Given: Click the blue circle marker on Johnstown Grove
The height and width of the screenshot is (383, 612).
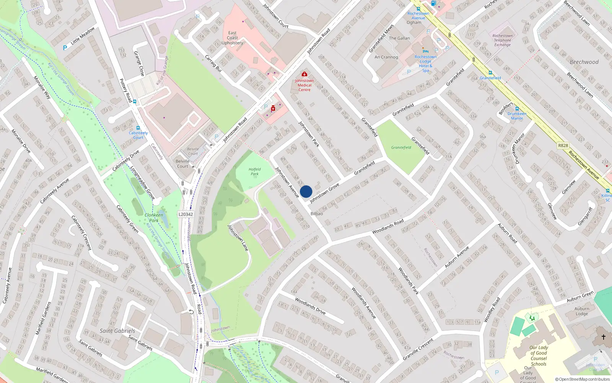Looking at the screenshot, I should point(306,191).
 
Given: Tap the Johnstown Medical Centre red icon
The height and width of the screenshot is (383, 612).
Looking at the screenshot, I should point(304,74).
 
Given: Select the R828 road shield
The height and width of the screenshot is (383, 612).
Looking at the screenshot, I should point(563,146).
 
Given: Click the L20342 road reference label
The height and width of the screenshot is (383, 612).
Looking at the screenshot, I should point(186,214).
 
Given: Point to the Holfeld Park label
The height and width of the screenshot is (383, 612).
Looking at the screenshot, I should point(254,172).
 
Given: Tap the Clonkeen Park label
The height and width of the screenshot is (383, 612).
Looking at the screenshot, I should point(154,218).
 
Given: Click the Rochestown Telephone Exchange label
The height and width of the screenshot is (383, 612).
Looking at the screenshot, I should point(502,40).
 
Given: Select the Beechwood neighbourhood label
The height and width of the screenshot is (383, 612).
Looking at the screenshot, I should point(584,62).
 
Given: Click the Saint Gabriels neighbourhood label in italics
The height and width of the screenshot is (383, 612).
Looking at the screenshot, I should point(117,331).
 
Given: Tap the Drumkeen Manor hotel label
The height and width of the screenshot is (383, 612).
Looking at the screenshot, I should point(517,116).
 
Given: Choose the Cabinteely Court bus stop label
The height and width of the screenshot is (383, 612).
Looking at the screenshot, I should point(138,135).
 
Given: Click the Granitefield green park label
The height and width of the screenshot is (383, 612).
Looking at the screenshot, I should point(401,147).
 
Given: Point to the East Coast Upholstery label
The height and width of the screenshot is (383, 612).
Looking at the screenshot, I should point(232,38).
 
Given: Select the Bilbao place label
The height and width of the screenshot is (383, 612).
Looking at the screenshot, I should point(316,214).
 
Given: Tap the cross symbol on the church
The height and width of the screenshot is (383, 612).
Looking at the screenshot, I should point(604,337).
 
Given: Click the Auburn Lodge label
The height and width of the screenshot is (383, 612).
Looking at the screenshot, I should point(581,311).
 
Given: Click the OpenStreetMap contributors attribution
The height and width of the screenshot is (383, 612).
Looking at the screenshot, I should point(583,379).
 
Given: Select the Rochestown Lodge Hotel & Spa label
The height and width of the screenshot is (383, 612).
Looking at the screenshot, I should point(425,63).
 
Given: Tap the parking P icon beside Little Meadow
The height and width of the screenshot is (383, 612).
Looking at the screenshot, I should point(65,48).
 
